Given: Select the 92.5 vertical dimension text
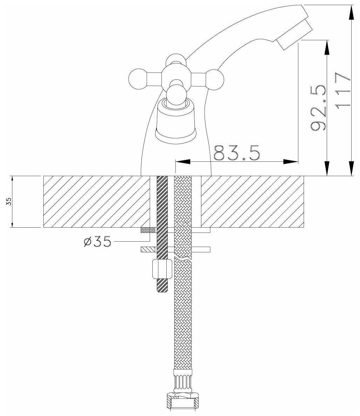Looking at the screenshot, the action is click(318, 108).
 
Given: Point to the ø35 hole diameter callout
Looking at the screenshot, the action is click(97, 242).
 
